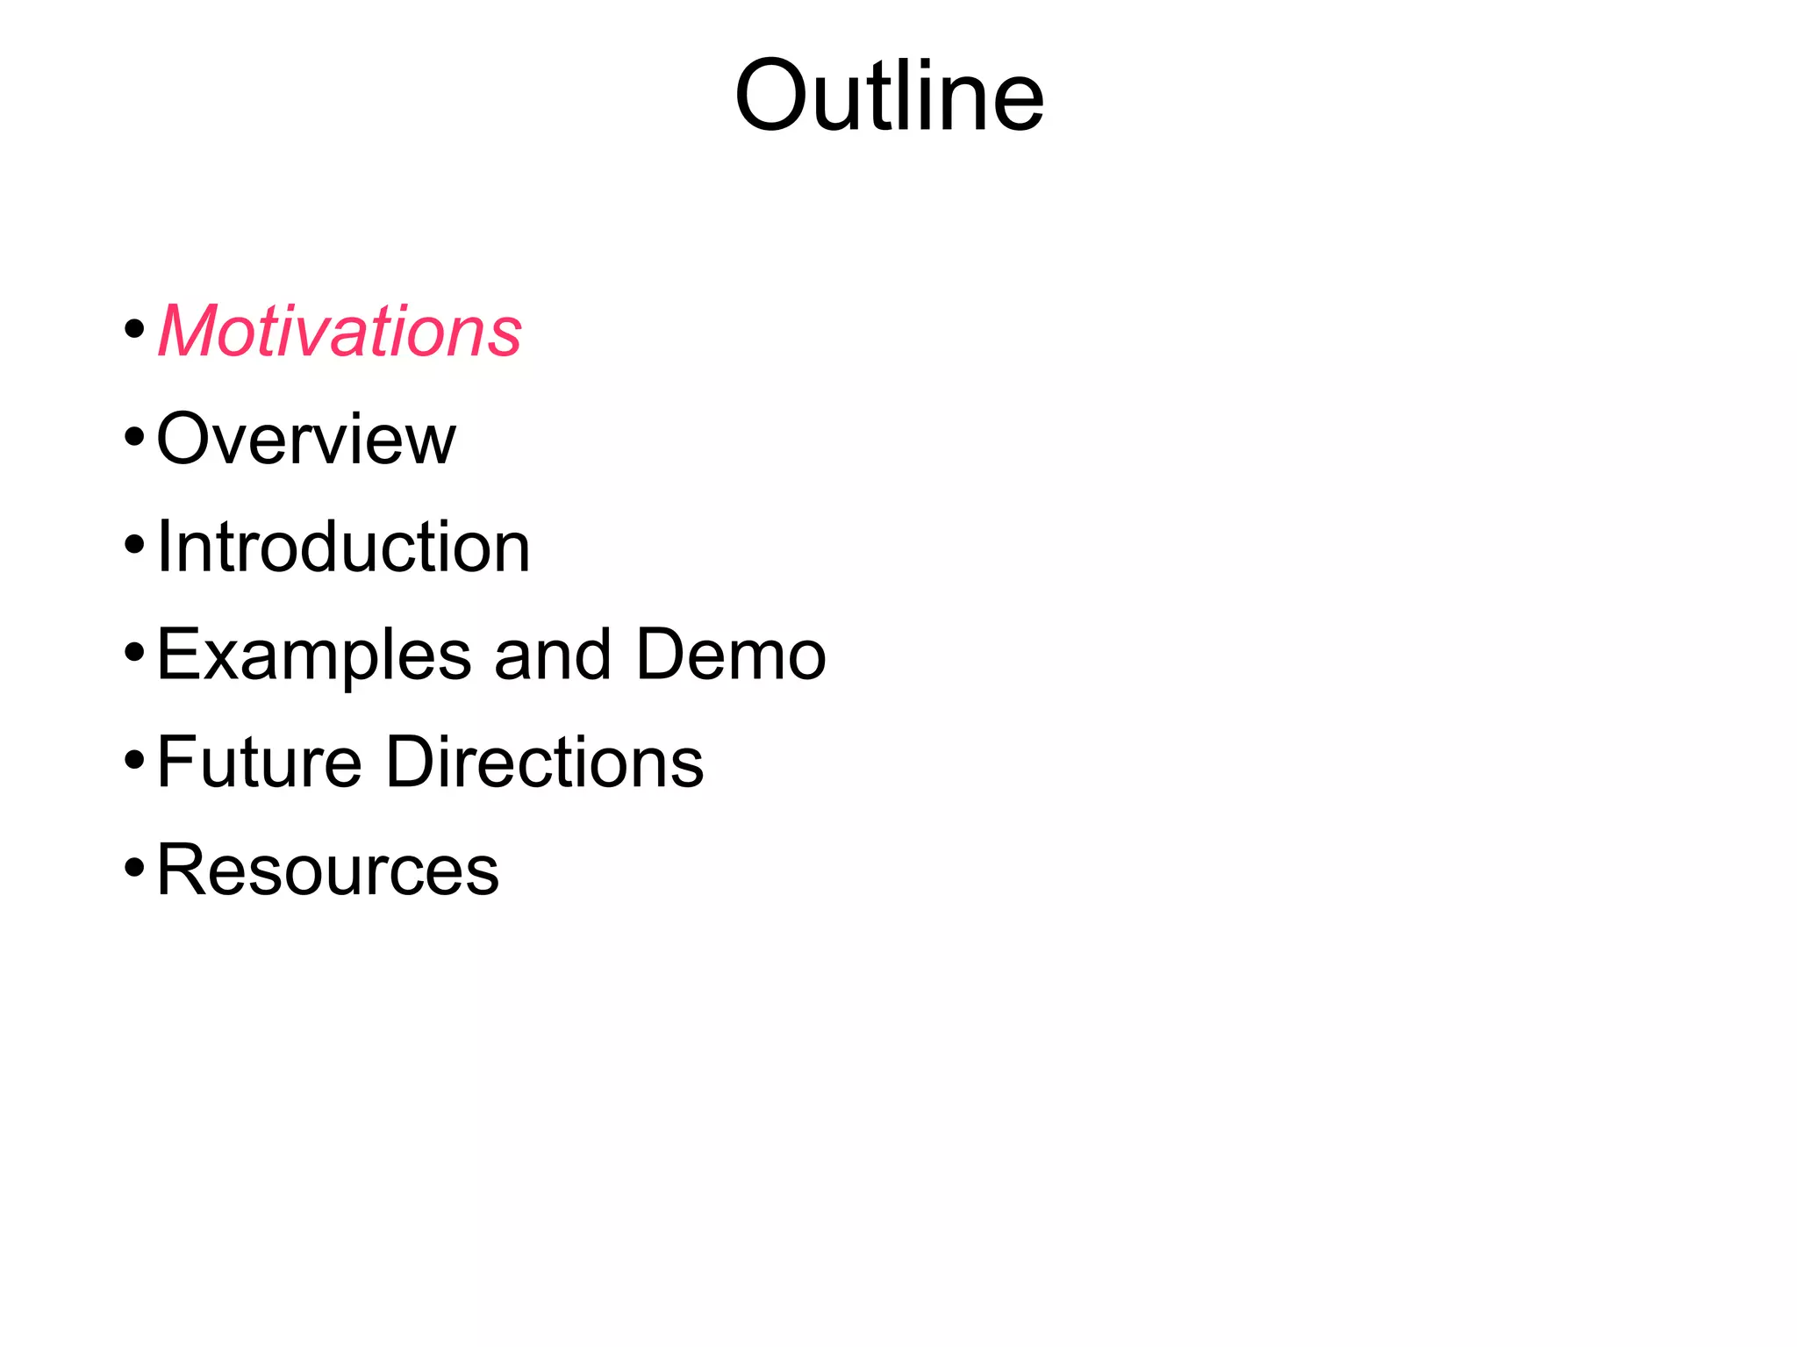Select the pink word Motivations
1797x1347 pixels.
pos(340,331)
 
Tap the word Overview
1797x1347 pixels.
pos(306,438)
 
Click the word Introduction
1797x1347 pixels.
pos(343,547)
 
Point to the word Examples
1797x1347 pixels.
pos(314,656)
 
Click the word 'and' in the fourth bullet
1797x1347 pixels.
pos(553,655)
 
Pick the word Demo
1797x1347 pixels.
pos(731,655)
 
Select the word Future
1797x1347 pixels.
pos(259,762)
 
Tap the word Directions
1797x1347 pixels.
pos(545,762)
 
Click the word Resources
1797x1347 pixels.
pos(327,870)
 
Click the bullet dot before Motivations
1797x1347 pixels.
pos(134,331)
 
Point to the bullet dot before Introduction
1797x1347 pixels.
pos(134,545)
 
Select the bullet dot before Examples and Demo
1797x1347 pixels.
pos(134,653)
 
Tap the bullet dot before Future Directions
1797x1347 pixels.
pos(134,760)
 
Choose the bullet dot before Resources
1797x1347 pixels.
pos(134,868)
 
